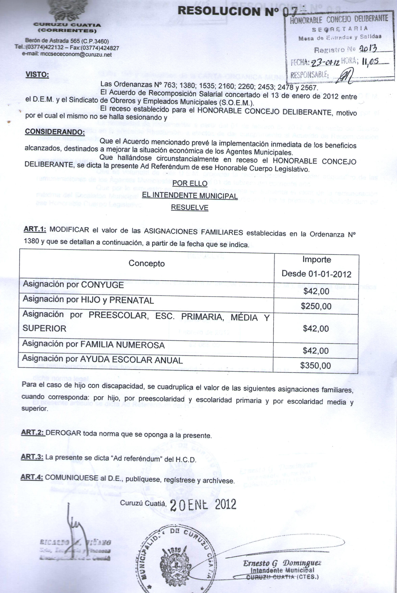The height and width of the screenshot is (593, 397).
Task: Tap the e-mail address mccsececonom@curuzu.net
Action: (x=67, y=54)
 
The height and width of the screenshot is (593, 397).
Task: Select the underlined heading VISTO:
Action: (x=37, y=75)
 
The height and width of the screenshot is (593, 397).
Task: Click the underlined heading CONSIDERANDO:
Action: (x=54, y=132)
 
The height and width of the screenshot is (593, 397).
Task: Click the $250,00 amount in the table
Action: (x=316, y=306)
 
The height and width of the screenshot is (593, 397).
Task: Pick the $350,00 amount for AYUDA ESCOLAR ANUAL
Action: (x=316, y=365)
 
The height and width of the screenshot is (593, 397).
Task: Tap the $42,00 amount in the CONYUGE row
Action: (x=316, y=291)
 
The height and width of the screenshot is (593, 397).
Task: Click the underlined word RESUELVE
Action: (x=190, y=207)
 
